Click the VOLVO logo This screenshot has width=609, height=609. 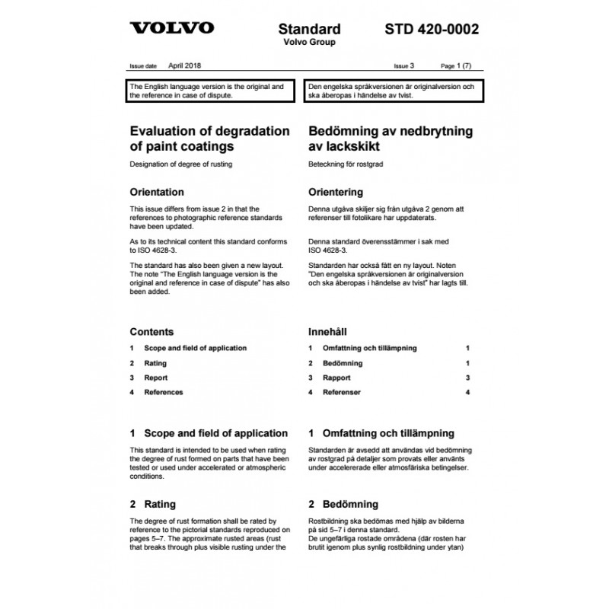(x=171, y=29)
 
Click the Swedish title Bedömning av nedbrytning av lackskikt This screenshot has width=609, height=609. (x=390, y=138)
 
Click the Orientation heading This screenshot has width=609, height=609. (x=157, y=192)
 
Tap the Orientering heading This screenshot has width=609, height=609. (x=335, y=192)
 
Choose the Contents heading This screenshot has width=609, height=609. (x=151, y=332)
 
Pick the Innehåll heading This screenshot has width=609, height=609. (x=327, y=332)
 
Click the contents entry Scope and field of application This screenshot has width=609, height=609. (x=195, y=348)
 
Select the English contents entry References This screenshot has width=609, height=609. (x=163, y=392)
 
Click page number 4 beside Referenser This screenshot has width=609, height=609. (x=468, y=392)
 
